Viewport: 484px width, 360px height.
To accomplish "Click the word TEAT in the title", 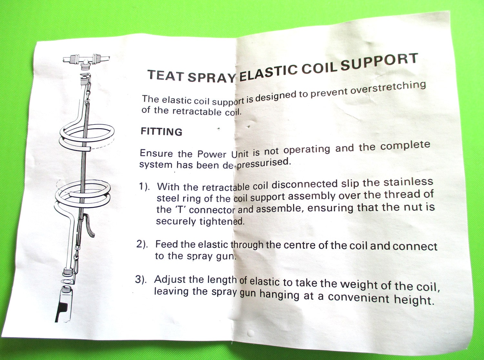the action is (166, 76).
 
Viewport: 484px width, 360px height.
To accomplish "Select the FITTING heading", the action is (161, 131).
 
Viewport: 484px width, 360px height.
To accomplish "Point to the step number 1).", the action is (145, 186).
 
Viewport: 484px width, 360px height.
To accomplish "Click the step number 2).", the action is (142, 244).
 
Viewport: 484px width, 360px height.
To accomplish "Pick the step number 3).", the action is (141, 279).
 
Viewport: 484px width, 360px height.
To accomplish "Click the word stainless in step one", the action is (408, 182).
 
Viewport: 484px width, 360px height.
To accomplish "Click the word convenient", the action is (358, 297).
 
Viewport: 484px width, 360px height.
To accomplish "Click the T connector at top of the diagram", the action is (86, 60).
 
